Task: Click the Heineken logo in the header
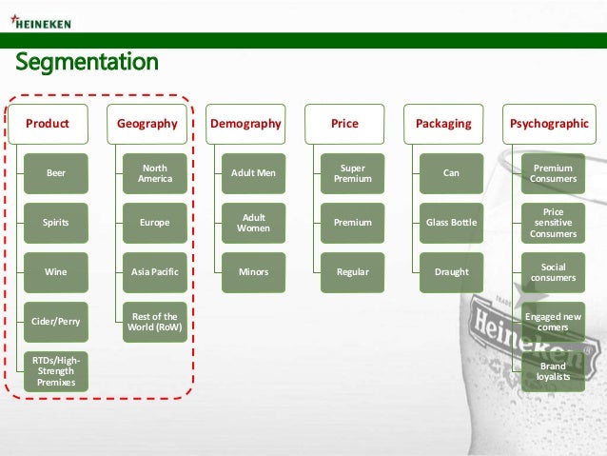click(x=44, y=22)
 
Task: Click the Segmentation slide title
click(x=86, y=63)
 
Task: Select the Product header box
click(x=48, y=124)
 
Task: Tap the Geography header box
click(x=147, y=124)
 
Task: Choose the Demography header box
click(x=245, y=124)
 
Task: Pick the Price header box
click(x=344, y=124)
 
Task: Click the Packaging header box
click(x=443, y=124)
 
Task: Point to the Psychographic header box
click(x=550, y=124)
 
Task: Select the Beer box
click(x=57, y=173)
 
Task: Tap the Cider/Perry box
click(x=57, y=322)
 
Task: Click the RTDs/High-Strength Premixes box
click(x=57, y=371)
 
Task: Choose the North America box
click(x=155, y=173)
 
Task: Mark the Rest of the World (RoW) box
click(x=155, y=322)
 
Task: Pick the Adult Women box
click(x=254, y=223)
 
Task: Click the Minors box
click(x=254, y=272)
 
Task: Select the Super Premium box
click(x=353, y=173)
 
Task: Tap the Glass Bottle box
click(x=452, y=223)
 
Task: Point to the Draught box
click(x=452, y=272)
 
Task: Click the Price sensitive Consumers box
click(x=553, y=223)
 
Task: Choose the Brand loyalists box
click(x=553, y=371)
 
